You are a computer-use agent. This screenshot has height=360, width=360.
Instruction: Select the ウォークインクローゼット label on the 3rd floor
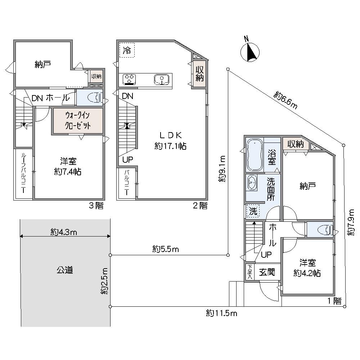coord(77,121)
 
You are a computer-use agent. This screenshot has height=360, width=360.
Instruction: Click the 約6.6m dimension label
coord(285,100)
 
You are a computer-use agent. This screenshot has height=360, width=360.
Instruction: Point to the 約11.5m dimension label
coord(222,313)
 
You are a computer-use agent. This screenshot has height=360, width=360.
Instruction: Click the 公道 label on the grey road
coord(65,270)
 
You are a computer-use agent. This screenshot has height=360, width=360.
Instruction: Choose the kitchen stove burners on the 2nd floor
coord(129,79)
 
